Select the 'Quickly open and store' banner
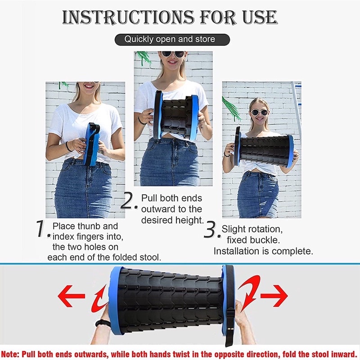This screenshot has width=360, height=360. click(x=172, y=40)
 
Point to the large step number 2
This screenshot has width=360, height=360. click(x=127, y=200)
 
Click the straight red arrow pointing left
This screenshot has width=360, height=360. click(x=72, y=296)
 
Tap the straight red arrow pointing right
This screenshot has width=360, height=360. click(x=274, y=296)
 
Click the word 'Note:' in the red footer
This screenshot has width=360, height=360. click(x=10, y=354)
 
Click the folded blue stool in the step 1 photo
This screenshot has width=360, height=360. click(x=91, y=144)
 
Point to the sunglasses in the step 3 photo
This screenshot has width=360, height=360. click(x=259, y=112)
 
